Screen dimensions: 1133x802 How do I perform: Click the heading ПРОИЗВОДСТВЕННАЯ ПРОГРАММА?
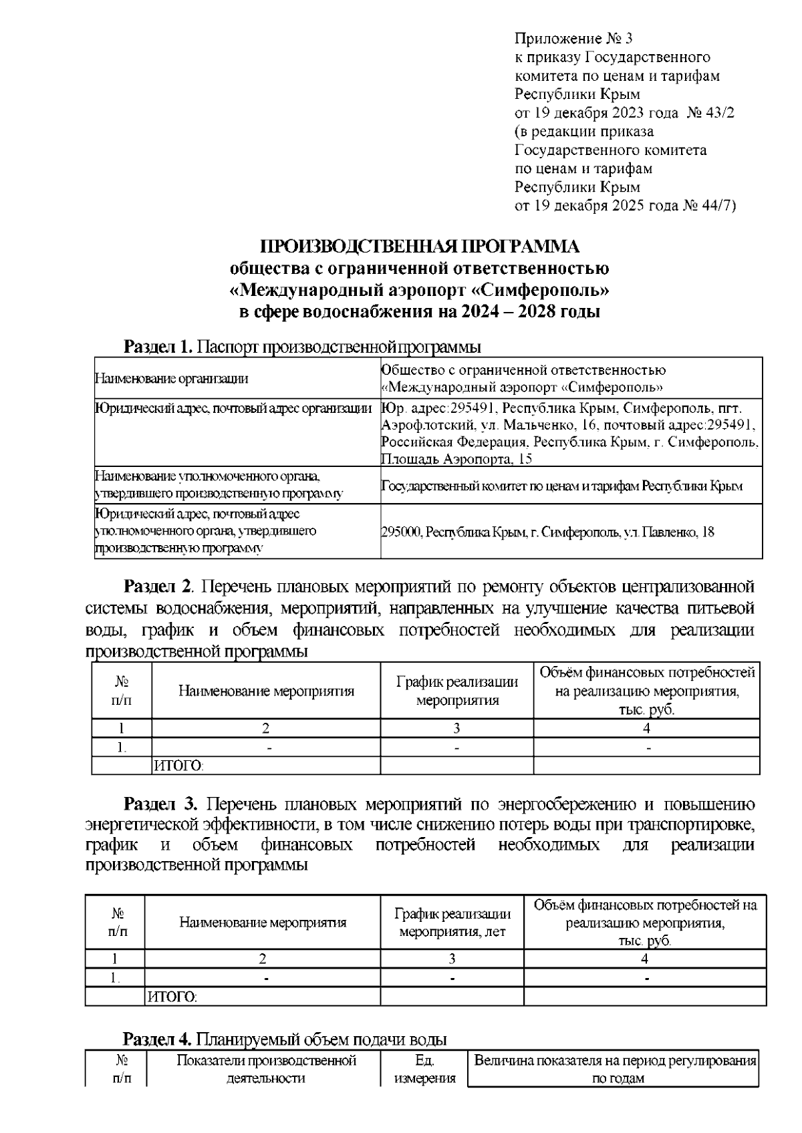[419, 247]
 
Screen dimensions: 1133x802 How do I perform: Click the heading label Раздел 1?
[158, 347]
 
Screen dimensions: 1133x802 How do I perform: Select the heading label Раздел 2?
[158, 587]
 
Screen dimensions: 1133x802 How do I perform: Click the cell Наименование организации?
[171, 379]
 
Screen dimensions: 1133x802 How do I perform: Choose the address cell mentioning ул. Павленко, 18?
[547, 532]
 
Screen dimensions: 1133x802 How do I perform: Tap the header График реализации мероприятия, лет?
[452, 923]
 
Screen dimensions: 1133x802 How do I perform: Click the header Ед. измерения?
[424, 1069]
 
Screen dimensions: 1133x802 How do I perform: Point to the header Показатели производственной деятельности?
[265, 1069]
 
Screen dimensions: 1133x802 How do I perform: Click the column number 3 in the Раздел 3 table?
[452, 959]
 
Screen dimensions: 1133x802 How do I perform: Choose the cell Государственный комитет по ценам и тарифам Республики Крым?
[561, 486]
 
